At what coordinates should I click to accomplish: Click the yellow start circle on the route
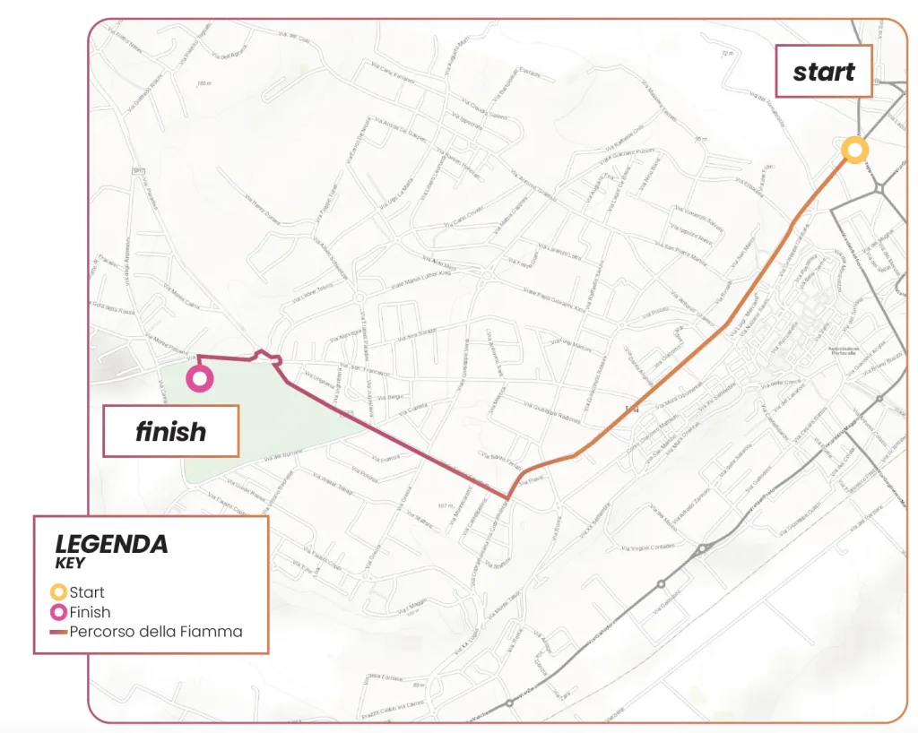tap(854, 150)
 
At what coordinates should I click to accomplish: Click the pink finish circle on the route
tap(200, 378)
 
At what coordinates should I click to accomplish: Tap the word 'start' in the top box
tap(823, 72)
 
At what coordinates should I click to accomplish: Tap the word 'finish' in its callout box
tap(170, 432)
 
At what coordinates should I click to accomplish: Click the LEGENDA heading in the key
tap(111, 544)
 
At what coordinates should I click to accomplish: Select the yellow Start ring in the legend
tap(58, 592)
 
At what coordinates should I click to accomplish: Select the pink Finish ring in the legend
tap(58, 612)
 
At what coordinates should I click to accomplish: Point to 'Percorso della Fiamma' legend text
tap(156, 632)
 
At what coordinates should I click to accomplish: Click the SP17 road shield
tap(138, 170)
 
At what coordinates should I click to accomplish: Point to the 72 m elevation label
tap(725, 54)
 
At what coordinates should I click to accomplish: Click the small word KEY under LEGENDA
tap(69, 564)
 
